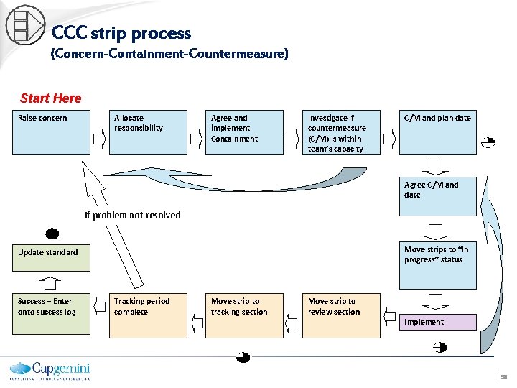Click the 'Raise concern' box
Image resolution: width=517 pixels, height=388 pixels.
pos(51,132)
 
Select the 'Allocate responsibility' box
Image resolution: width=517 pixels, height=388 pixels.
pos(148,132)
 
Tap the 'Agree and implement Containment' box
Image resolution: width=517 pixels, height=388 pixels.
pos(245,132)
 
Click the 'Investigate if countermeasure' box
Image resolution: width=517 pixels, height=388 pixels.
pos(342,132)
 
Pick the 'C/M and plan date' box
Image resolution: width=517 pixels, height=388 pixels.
pos(437,132)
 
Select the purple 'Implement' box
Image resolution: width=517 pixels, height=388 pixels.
pos(437,322)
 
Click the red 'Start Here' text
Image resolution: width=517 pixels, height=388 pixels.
pos(51,98)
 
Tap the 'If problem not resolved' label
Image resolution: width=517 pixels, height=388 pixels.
pos(133,215)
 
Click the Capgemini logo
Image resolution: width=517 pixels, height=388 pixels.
pos(50,369)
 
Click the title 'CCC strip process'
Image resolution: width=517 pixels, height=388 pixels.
pos(121,33)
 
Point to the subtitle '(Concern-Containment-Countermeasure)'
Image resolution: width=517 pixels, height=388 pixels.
pos(169,55)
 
